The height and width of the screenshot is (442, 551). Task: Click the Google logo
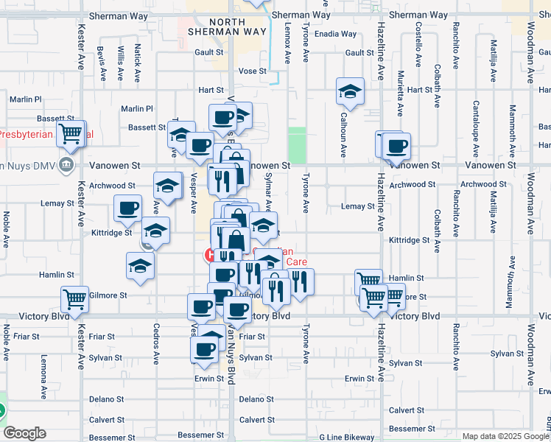pos(24,433)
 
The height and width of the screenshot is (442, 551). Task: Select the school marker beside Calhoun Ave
pos(350,92)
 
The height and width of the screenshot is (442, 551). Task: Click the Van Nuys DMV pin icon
pos(67,164)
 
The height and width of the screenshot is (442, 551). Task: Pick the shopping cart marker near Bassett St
pos(71,135)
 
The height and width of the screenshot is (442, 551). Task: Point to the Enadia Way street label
pos(335,34)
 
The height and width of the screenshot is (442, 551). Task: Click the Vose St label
pos(252,71)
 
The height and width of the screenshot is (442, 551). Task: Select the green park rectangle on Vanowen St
pos(297,145)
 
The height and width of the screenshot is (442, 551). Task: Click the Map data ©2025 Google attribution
pos(505,436)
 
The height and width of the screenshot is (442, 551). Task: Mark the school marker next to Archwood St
pos(167,185)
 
